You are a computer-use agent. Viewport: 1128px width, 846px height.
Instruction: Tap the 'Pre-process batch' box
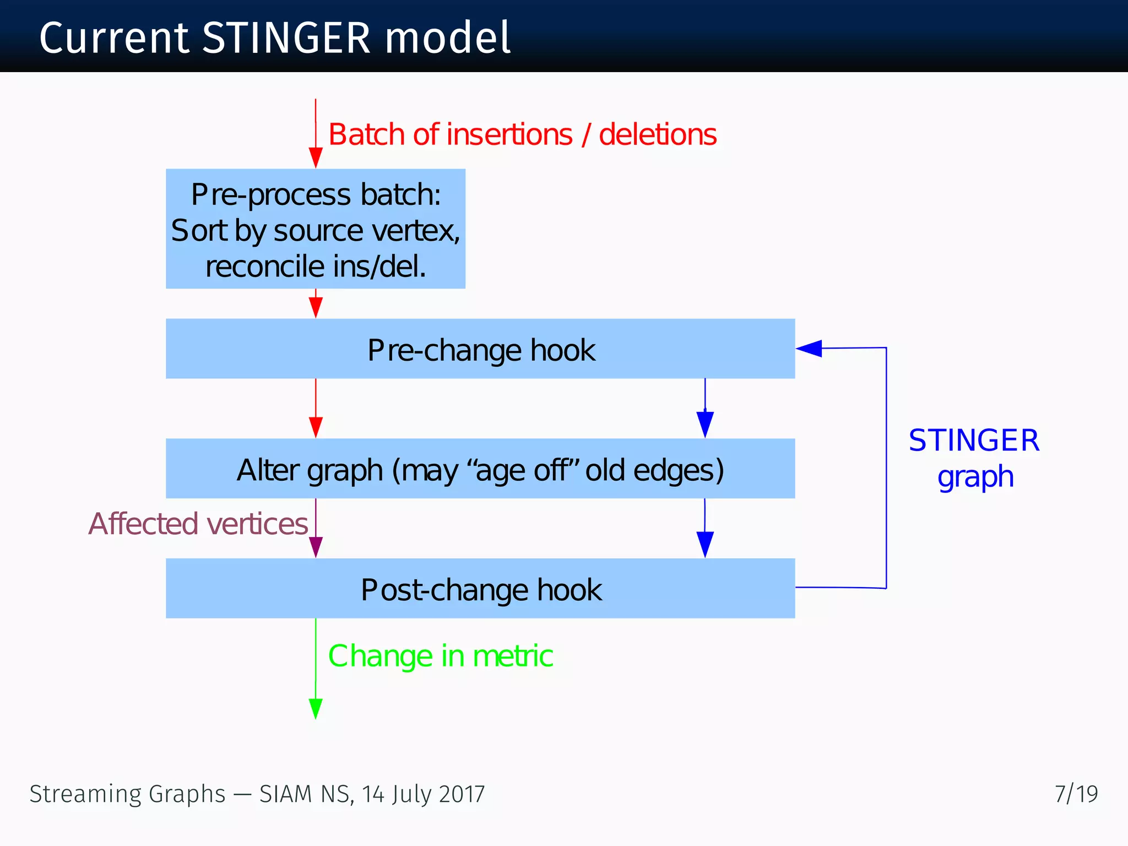click(316, 229)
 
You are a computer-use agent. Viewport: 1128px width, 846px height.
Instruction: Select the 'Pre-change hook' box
click(480, 349)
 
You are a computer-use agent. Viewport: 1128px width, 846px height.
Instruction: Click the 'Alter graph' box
click(480, 469)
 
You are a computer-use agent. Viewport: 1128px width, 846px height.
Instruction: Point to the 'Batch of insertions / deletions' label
click(522, 134)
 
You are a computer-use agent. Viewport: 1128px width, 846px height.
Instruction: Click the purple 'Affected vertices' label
click(198, 524)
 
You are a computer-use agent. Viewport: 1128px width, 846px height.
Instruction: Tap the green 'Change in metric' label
click(441, 656)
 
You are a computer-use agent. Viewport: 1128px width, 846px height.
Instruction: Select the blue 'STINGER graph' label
click(974, 458)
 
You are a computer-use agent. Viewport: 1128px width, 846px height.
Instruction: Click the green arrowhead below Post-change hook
click(316, 708)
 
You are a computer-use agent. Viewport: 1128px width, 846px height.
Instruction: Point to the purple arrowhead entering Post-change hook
click(316, 546)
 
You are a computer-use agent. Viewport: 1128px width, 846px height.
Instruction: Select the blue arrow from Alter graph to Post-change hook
click(705, 529)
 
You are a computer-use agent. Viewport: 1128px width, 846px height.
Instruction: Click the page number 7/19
click(1076, 794)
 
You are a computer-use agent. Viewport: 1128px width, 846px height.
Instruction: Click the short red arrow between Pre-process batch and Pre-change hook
click(316, 304)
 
